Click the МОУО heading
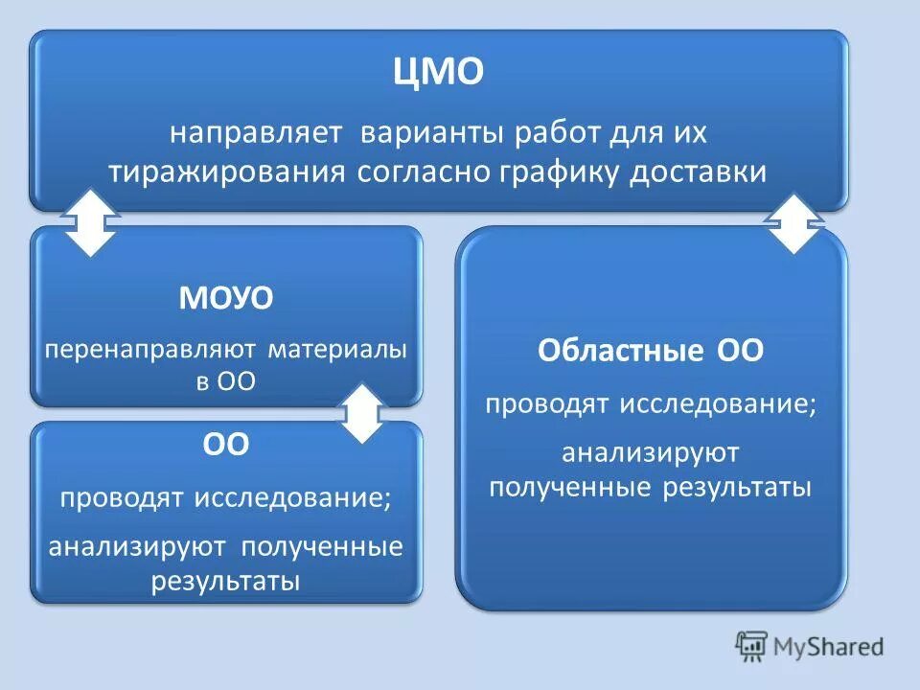[x=226, y=299]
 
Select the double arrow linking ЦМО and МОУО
[x=89, y=221]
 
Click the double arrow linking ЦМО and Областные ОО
[x=794, y=222]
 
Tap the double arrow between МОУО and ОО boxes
[x=362, y=413]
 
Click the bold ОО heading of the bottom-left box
[x=226, y=446]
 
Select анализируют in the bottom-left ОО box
[x=138, y=547]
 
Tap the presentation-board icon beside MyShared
[x=752, y=646]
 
